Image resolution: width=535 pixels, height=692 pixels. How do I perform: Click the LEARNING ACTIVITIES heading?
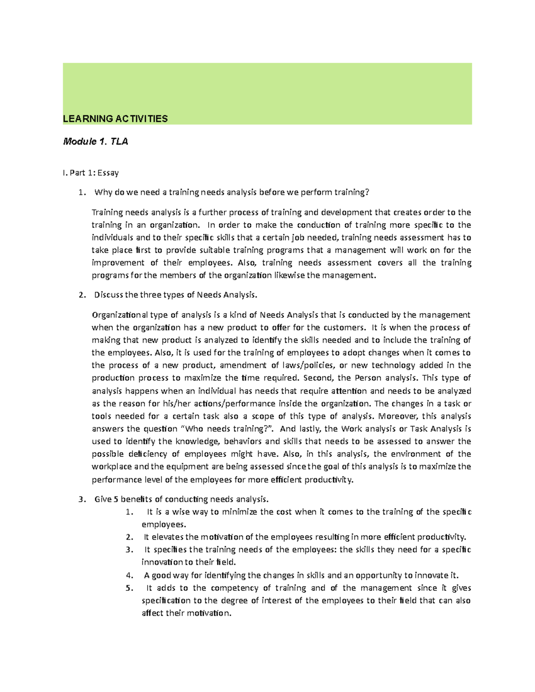[115, 119]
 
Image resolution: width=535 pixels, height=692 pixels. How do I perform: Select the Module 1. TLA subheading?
[95, 142]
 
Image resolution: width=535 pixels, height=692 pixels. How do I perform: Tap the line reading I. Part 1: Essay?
[91, 172]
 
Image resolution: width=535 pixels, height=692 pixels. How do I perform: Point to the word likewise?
[289, 275]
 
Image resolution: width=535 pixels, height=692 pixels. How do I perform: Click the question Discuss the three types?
[176, 295]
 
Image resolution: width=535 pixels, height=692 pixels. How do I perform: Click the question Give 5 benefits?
[181, 499]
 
